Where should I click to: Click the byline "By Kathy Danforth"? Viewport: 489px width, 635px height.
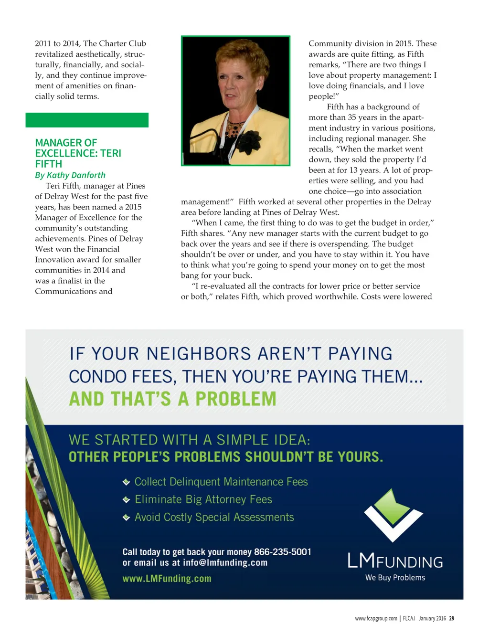(x=70, y=175)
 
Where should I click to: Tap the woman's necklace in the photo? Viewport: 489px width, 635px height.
(x=234, y=128)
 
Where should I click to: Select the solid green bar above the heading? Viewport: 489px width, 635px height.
(x=87, y=120)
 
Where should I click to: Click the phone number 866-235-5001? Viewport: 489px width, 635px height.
(x=282, y=552)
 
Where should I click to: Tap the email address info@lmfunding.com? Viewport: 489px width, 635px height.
(x=225, y=562)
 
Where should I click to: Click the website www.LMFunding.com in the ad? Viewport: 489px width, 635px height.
(x=167, y=579)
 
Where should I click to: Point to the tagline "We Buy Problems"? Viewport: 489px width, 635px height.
(x=395, y=578)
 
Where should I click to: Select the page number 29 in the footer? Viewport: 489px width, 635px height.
(x=452, y=618)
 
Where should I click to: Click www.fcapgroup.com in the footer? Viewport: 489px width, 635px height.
(x=376, y=618)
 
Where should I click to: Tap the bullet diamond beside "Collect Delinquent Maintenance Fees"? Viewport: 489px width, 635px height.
(x=126, y=482)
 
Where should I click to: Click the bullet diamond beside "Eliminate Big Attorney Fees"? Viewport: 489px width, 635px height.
(x=126, y=500)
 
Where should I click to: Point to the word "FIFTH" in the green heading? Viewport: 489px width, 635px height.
(x=49, y=164)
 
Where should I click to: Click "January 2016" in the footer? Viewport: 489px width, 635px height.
(x=432, y=618)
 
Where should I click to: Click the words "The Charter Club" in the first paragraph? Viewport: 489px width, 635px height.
(x=115, y=43)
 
